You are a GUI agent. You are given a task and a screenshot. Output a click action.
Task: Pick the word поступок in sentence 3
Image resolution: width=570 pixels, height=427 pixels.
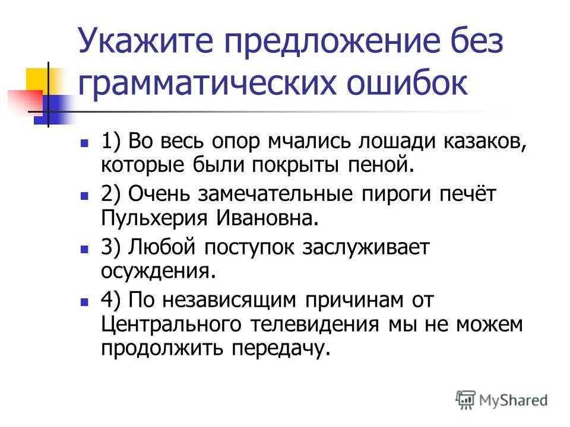237,248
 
